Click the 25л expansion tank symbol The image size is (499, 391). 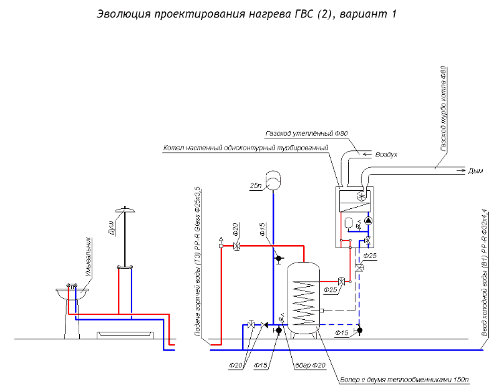(274, 178)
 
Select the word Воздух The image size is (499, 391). (385, 153)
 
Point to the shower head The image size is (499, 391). (125, 209)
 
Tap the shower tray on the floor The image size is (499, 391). (125, 334)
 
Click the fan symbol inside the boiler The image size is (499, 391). (360, 196)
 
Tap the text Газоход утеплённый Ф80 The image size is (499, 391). (306, 133)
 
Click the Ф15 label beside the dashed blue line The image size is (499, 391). (342, 334)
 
